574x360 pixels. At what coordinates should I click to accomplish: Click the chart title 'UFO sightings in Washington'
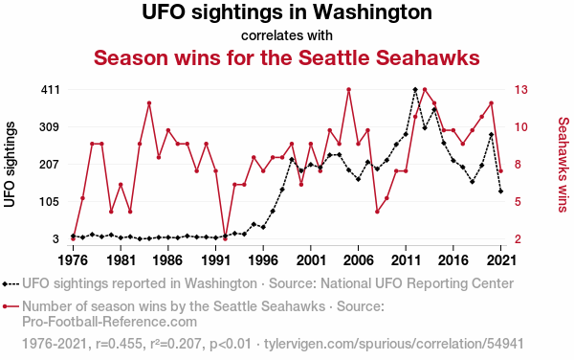pos(287,12)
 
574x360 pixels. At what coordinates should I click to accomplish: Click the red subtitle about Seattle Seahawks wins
pos(287,57)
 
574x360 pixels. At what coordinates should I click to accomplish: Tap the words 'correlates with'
pos(287,35)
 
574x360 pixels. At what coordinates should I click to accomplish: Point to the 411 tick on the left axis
pos(50,90)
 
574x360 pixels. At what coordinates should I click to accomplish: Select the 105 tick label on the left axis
pos(50,202)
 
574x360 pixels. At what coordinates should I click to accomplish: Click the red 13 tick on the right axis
pos(521,90)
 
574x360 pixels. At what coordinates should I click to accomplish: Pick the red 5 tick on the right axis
pos(518,202)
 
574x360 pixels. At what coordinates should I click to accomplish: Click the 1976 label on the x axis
pos(73,260)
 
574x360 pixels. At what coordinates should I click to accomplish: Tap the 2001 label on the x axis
pos(311,260)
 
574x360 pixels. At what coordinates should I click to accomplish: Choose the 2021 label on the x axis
pos(500,260)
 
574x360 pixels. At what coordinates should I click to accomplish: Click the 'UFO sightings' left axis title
pos(10,165)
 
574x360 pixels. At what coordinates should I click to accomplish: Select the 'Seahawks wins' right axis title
pos(563,165)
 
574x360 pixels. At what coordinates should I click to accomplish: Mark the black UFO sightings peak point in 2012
pos(415,90)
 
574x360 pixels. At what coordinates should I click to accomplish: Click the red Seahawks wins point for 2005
pos(349,90)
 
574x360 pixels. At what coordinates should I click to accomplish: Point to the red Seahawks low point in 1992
pos(225,238)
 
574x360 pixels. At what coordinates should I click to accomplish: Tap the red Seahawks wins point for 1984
pos(149,103)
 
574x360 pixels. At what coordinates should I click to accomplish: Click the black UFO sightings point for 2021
pos(500,191)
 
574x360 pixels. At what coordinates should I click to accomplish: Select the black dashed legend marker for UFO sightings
pos(11,283)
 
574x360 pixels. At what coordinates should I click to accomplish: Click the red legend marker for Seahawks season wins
pos(11,306)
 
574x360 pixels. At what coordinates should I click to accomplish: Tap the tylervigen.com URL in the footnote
pos(394,344)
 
